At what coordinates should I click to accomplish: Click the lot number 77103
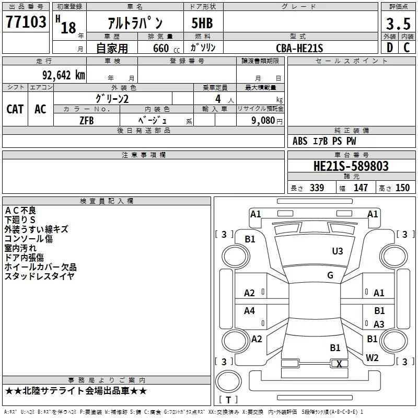coord(26,21)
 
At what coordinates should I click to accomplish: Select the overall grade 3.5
coord(398,24)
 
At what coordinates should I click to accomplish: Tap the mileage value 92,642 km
coord(64,75)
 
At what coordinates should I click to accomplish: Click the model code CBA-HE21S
coord(299,48)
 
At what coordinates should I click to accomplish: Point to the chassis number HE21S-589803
coord(351,166)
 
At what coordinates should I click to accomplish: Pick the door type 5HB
coord(202,23)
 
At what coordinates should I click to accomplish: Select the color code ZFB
coord(87,121)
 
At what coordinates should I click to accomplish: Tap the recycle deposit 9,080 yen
coord(267,121)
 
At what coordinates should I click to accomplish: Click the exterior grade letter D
coord(390,48)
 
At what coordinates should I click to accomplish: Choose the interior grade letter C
coord(407,48)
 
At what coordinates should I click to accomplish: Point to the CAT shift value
coord(15,109)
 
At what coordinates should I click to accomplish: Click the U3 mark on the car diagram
coord(338,251)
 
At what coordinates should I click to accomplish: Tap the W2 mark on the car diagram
coord(372,358)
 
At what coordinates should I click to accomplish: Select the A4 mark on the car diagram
coord(249,310)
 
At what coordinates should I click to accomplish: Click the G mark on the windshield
coord(330,275)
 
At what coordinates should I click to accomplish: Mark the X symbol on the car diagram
coord(339,364)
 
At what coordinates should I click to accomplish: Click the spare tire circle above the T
coord(228,381)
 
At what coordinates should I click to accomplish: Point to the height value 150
coord(402,188)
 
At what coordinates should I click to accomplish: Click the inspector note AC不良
coord(20,211)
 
